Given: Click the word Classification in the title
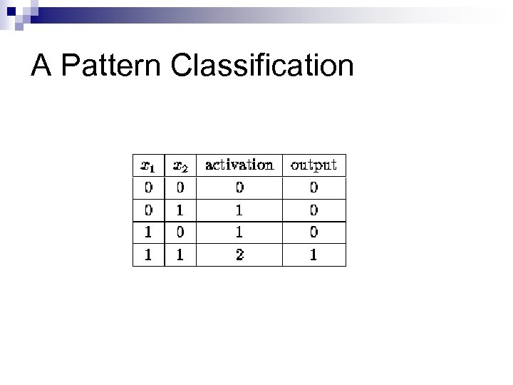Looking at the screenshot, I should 262,66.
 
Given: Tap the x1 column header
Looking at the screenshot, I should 148,165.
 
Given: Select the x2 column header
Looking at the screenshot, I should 180,165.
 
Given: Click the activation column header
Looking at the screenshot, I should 239,165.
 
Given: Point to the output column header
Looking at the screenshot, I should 313,165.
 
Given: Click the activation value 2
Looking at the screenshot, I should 239,255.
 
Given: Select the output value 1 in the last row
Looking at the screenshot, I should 313,255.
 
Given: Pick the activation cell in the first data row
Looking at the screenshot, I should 239,188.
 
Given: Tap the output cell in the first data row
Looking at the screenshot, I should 313,188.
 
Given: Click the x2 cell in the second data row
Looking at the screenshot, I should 180,210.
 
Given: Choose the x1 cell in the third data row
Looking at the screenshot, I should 148,232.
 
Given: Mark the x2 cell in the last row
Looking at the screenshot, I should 180,255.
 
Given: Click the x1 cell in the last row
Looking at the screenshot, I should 148,255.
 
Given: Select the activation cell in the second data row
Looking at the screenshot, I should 239,210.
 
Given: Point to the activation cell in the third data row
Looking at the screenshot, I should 239,232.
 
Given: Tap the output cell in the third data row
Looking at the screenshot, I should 313,232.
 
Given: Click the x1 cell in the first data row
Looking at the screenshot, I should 148,188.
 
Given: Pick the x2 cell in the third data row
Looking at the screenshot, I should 180,232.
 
